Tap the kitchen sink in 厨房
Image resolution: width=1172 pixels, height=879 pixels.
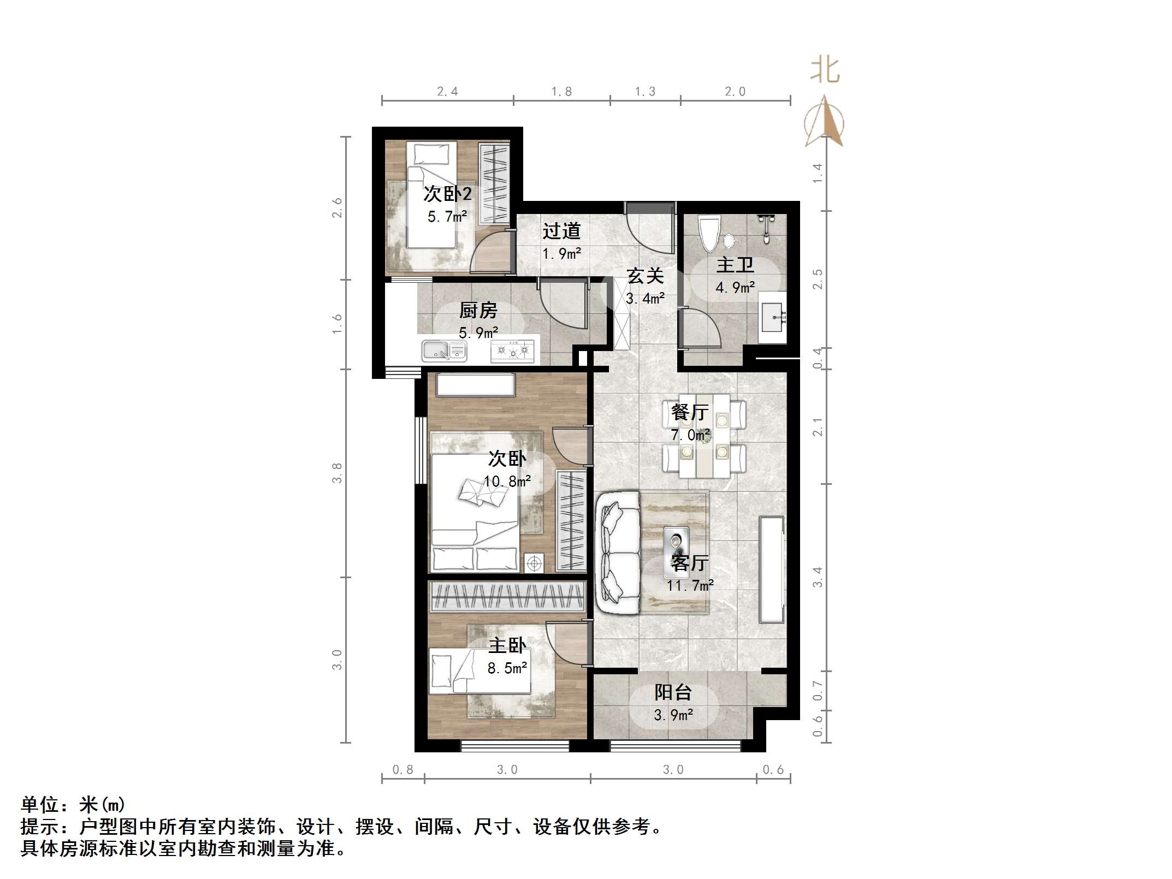[443, 351]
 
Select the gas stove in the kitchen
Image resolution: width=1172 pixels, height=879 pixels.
[512, 351]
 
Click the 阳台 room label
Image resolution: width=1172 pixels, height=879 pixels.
[673, 692]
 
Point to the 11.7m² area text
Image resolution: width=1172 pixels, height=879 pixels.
[690, 585]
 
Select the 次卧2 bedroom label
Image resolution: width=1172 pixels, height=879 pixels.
[447, 194]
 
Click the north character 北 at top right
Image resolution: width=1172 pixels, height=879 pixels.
[824, 71]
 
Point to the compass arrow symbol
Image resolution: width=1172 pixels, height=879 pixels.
[824, 123]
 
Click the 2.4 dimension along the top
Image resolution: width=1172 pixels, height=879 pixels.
[447, 92]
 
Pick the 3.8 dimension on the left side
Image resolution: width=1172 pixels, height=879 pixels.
[337, 472]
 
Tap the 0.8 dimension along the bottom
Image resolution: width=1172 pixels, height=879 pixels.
[403, 770]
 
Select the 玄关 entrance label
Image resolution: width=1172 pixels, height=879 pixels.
[645, 276]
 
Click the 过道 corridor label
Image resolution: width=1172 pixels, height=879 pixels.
[561, 231]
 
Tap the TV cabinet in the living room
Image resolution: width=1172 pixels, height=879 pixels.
[772, 569]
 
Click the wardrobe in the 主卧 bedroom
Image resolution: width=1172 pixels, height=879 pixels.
[507, 597]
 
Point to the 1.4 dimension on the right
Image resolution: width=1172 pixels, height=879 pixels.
[818, 173]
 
